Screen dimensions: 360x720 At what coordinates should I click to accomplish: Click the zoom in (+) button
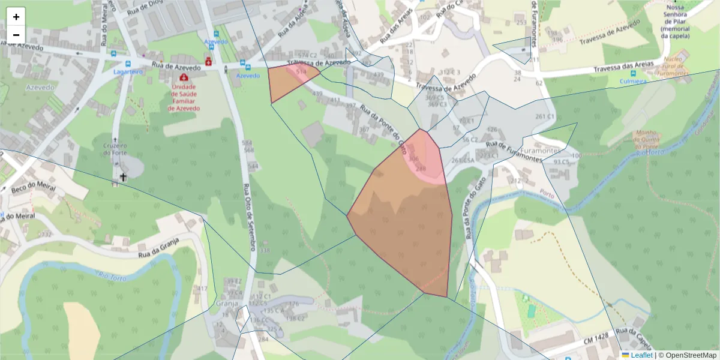[x=16, y=17]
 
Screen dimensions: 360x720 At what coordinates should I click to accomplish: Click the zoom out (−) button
[x=16, y=35]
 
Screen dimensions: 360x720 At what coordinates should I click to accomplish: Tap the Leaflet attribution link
[x=641, y=355]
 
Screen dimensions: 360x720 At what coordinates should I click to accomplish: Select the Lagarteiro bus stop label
[x=128, y=71]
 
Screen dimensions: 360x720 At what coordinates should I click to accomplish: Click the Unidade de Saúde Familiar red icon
[x=182, y=77]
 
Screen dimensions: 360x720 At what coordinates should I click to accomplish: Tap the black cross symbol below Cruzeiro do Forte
[x=124, y=177]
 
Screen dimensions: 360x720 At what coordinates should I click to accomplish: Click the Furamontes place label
[x=540, y=151]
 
